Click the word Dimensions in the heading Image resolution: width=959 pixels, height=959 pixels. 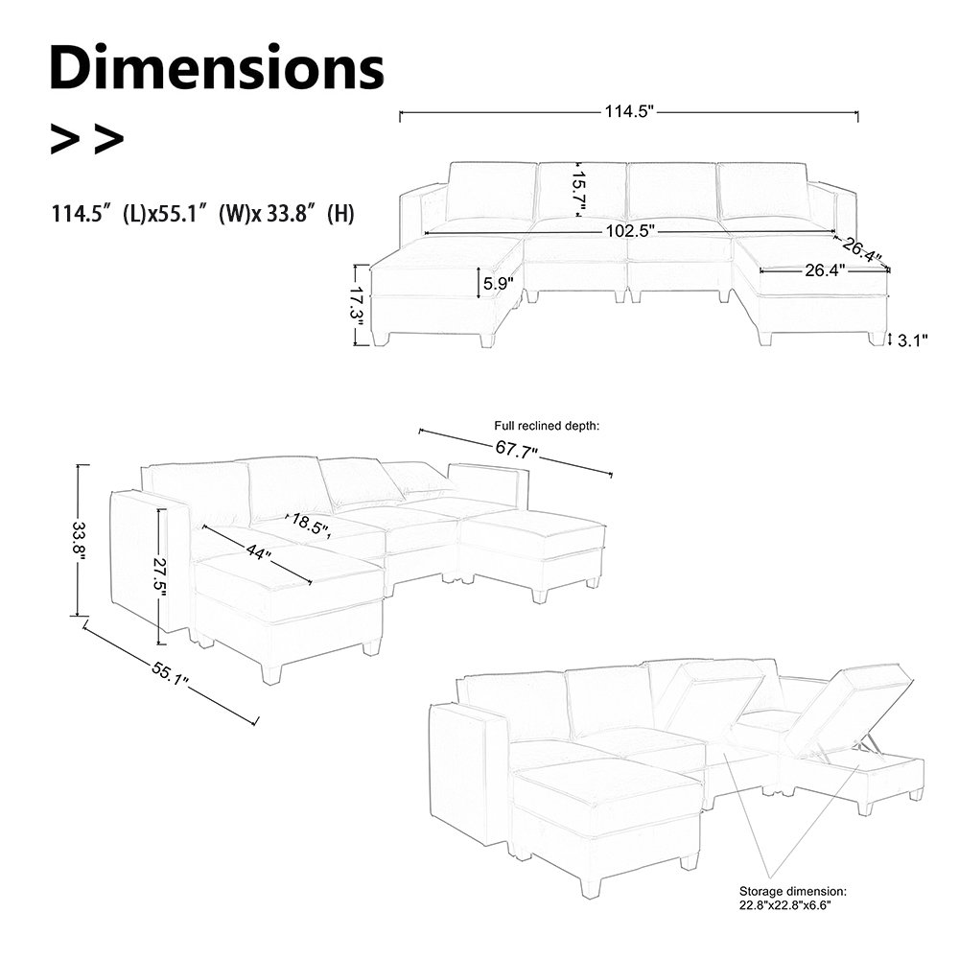tap(217, 69)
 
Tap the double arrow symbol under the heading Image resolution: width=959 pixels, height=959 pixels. tap(86, 140)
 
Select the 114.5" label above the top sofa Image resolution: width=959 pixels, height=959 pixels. tap(628, 112)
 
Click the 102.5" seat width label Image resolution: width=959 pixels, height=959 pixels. tap(630, 231)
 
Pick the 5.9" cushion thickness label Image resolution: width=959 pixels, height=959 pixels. tap(498, 283)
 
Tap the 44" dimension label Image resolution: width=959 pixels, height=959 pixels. tap(256, 553)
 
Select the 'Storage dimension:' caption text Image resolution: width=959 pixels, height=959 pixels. tap(793, 891)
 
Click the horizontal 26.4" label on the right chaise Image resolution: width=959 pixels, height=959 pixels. tap(824, 271)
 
